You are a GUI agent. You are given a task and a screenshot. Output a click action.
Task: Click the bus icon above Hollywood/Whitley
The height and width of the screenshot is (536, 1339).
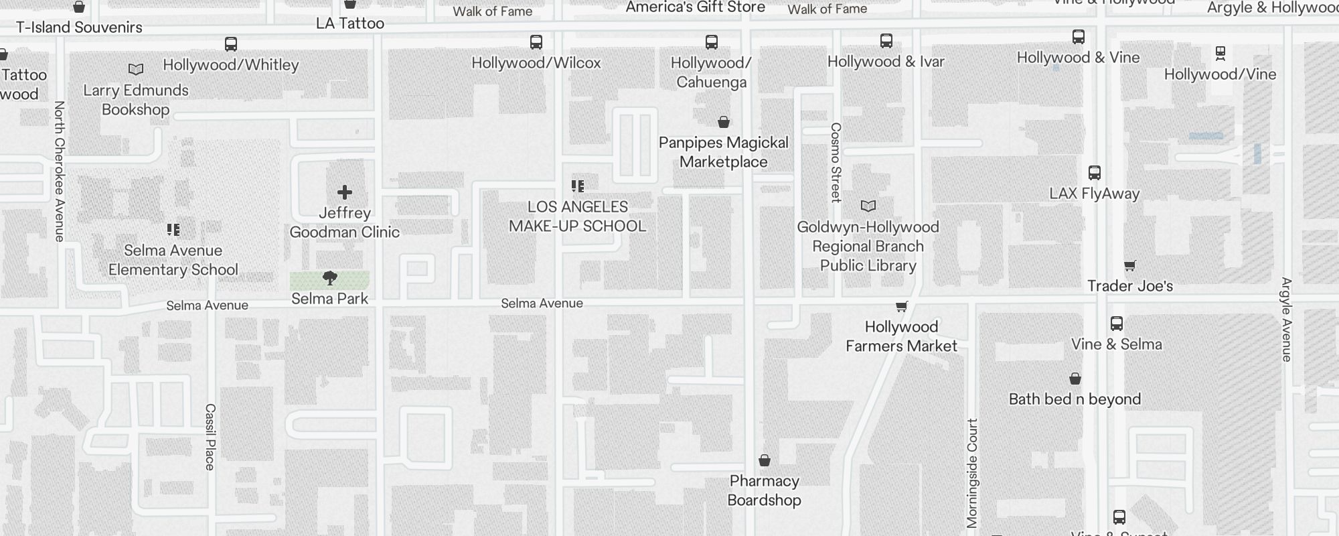[x=231, y=45]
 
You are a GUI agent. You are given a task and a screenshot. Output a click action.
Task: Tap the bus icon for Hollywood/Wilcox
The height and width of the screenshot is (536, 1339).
[x=536, y=42]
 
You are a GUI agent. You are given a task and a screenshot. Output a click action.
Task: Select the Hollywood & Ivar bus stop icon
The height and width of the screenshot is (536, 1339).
[x=886, y=41]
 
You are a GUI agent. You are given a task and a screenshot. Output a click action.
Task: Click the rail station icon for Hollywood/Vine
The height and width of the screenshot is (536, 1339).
[x=1220, y=53]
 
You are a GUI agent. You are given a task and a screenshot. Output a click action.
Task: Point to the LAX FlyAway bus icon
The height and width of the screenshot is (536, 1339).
[x=1095, y=173]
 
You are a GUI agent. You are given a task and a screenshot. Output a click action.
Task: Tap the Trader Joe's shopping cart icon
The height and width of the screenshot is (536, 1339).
[x=1130, y=266]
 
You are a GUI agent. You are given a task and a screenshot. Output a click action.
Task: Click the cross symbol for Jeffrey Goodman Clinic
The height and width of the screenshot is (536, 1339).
[x=345, y=192]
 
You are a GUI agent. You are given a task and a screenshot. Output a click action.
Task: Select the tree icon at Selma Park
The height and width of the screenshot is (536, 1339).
[x=330, y=278]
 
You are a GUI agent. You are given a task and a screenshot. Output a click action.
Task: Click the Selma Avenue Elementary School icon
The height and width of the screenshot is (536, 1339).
[x=173, y=230]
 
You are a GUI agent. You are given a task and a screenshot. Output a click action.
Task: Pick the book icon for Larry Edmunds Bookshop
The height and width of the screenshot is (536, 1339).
[x=136, y=69]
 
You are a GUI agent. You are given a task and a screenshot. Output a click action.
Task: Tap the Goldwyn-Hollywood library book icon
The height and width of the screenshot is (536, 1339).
[x=868, y=206]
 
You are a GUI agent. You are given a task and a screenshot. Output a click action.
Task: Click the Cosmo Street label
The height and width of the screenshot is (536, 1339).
[x=836, y=162]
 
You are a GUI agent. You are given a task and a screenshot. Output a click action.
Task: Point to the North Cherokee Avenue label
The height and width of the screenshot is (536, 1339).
[x=59, y=171]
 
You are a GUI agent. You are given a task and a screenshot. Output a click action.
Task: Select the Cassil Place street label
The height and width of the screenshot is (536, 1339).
[x=210, y=437]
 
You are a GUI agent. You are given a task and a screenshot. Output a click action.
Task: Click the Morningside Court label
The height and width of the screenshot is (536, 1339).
[x=973, y=473]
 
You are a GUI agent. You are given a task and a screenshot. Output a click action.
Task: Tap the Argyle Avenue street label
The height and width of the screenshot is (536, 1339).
[x=1286, y=320]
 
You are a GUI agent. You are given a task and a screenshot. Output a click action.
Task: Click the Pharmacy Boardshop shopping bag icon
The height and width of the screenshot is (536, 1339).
[x=765, y=460]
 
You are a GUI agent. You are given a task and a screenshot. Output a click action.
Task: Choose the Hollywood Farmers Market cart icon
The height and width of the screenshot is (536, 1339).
[x=902, y=307]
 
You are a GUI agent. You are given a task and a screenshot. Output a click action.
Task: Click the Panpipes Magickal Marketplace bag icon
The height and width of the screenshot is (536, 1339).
[x=724, y=122]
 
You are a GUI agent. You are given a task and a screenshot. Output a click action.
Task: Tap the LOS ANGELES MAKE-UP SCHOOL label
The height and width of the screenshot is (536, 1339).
[x=578, y=216]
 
